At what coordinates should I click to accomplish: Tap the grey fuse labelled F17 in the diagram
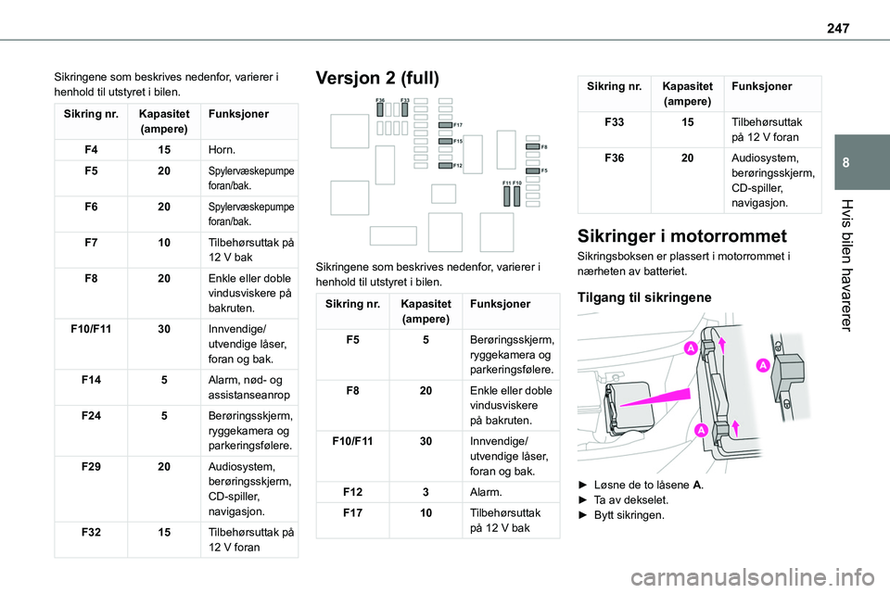tap(445, 124)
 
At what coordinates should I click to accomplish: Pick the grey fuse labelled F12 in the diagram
tap(445, 165)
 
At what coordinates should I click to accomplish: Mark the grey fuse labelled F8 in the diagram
tap(531, 147)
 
